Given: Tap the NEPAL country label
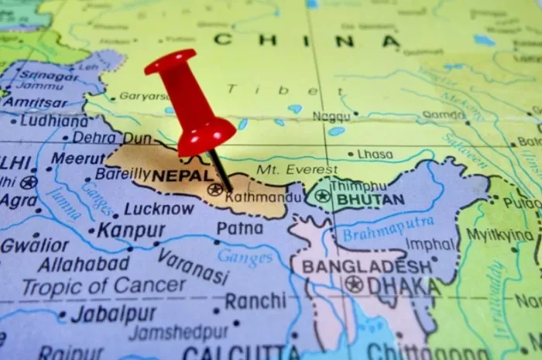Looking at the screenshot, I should pyautogui.click(x=181, y=176).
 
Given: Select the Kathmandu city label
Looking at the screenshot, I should pyautogui.click(x=254, y=197).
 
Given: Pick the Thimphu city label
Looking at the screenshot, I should pyautogui.click(x=358, y=186).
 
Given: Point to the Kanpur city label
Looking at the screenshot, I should pyautogui.click(x=131, y=231).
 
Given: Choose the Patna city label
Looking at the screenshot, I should pyautogui.click(x=239, y=228).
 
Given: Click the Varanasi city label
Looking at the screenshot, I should pyautogui.click(x=193, y=266).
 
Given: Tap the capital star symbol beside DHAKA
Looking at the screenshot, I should pyautogui.click(x=354, y=285).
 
